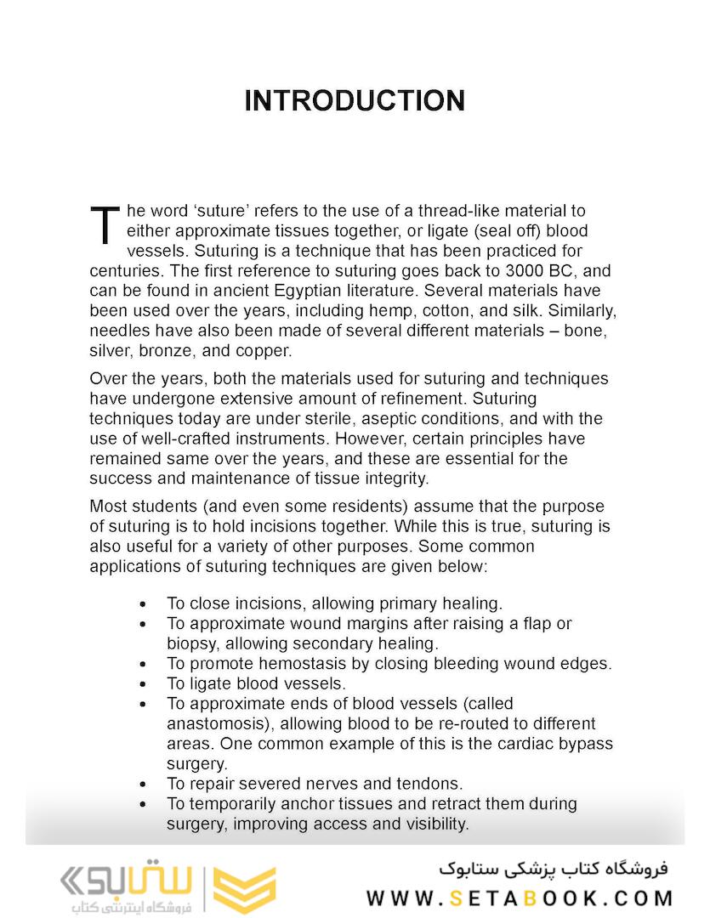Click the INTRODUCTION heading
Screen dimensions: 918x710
pos(355,100)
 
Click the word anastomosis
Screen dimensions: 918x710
pos(218,723)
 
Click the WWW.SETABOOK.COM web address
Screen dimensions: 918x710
pos(520,898)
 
